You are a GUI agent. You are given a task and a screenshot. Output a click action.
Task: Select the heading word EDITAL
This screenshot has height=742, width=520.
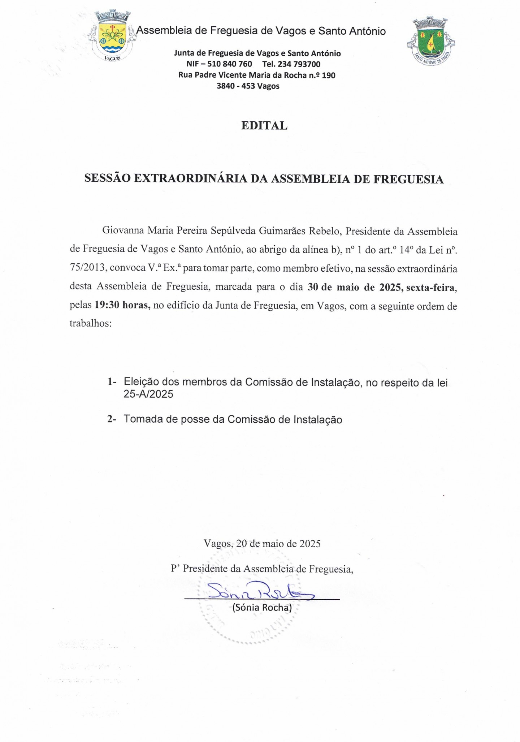tap(264, 126)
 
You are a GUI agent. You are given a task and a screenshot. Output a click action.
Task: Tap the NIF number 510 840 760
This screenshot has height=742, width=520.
tap(229, 64)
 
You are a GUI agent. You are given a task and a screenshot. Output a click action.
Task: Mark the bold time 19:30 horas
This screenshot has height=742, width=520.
tap(122, 305)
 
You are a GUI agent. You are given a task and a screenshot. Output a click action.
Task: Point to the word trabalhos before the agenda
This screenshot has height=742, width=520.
tap(90, 323)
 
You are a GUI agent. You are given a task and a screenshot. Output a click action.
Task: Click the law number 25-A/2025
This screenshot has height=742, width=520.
tap(148, 394)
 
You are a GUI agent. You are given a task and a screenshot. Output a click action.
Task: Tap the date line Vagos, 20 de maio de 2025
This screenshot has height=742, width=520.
tap(262, 544)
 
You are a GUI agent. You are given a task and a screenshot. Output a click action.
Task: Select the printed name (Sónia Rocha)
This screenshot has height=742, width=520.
tap(262, 607)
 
